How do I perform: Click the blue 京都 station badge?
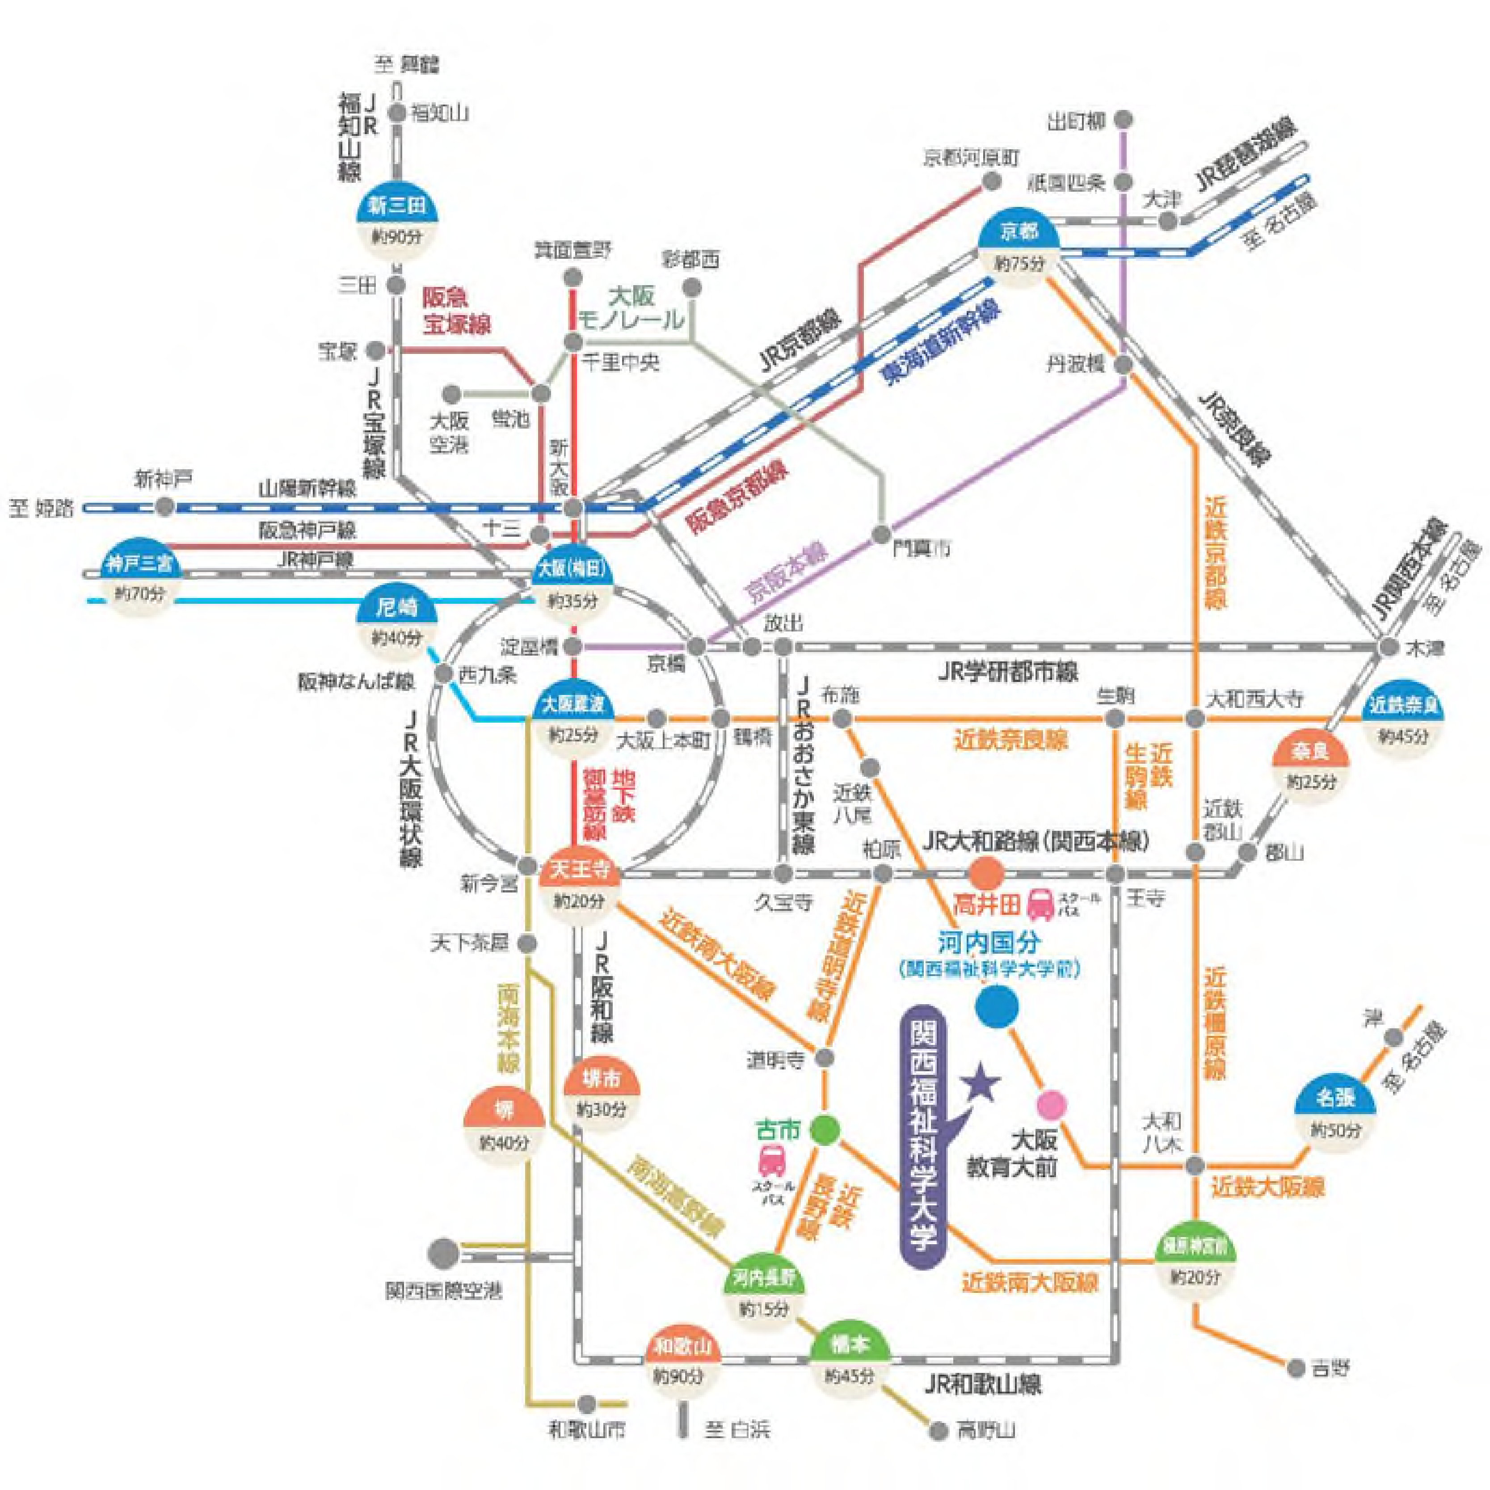pyautogui.click(x=1018, y=231)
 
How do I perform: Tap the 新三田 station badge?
pyautogui.click(x=396, y=206)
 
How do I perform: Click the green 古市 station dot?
pyautogui.click(x=825, y=1130)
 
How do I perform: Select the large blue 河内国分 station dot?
pyautogui.click(x=997, y=1006)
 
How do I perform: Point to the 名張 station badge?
pyautogui.click(x=1334, y=1098)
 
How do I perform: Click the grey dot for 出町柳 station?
pyautogui.click(x=1124, y=119)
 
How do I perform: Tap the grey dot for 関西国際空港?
pyautogui.click(x=443, y=1252)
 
